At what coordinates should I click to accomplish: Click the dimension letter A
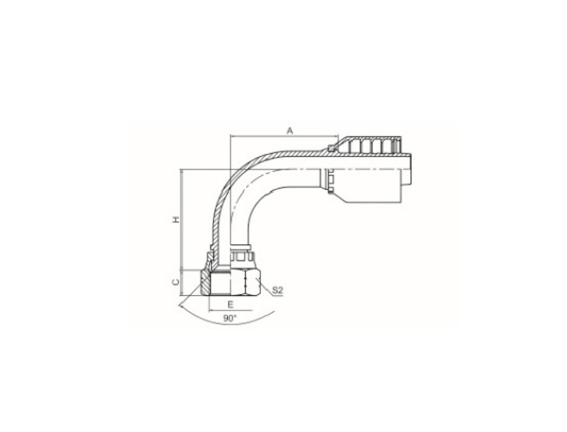coord(290,131)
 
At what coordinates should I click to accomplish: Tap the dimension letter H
coord(176,219)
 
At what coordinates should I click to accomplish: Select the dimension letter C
coord(176,282)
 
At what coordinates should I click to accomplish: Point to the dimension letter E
coord(231,305)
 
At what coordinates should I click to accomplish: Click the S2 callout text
coord(277,290)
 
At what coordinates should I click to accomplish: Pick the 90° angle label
coord(229,318)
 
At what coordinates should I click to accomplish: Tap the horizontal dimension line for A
coord(285,136)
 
